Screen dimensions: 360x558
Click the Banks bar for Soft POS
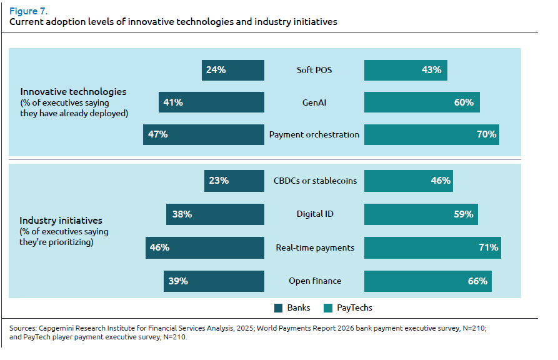click(x=233, y=70)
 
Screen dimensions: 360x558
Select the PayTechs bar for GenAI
click(x=422, y=102)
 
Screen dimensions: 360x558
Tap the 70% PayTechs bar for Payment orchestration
click(x=432, y=134)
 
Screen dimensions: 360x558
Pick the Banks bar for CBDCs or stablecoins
click(x=234, y=181)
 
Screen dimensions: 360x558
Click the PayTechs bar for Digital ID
click(x=421, y=214)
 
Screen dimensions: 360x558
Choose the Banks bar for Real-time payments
click(x=205, y=247)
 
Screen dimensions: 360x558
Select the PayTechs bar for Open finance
click(x=428, y=281)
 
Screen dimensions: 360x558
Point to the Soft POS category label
click(x=314, y=70)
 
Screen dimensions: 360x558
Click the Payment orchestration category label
click(x=314, y=134)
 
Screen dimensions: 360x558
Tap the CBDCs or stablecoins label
click(x=315, y=181)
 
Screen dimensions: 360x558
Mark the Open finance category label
click(x=314, y=281)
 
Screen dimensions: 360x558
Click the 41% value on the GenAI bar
click(x=173, y=102)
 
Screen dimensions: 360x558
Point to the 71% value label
click(x=488, y=247)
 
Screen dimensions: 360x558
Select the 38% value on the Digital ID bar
click(x=182, y=214)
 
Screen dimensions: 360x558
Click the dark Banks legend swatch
click(x=279, y=307)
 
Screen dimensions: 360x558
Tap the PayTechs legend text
click(x=354, y=307)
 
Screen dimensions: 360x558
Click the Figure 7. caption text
click(x=29, y=11)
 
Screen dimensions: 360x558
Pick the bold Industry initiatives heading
click(x=61, y=221)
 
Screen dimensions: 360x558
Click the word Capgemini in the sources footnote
click(x=58, y=327)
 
